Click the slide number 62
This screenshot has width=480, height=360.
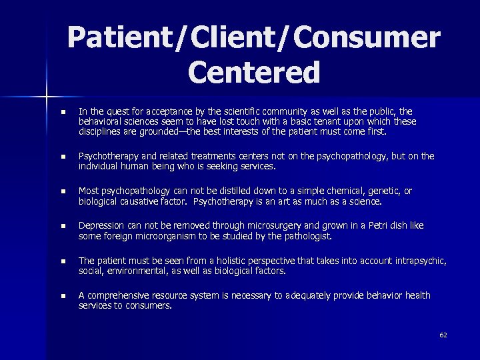coord(443,335)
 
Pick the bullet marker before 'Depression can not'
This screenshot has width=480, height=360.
coord(63,227)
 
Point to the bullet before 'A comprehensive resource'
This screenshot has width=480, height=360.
coord(63,296)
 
